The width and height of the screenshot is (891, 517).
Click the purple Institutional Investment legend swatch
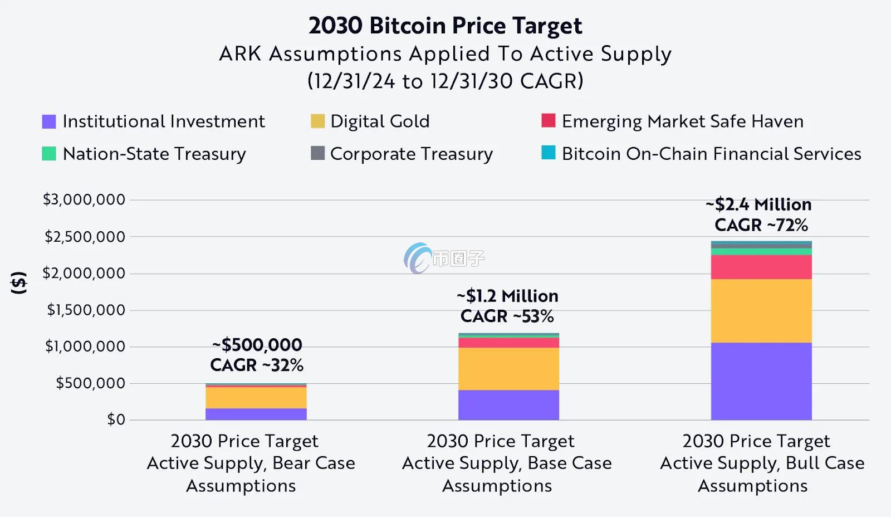point(49,121)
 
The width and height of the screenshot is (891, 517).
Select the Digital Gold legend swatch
point(317,121)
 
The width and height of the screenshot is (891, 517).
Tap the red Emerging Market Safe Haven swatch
point(549,120)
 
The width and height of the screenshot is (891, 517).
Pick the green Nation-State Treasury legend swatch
point(49,153)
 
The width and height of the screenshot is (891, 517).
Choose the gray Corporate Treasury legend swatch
point(317,153)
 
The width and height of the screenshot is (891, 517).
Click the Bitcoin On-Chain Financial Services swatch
point(549,153)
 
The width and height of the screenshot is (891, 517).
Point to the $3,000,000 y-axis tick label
point(84,199)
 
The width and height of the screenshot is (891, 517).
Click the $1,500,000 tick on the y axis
point(86,310)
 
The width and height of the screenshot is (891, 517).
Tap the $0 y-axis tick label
point(116,420)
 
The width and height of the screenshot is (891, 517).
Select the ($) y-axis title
point(19,283)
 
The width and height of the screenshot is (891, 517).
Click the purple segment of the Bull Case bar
point(761,381)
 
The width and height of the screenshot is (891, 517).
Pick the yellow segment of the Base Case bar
point(508,369)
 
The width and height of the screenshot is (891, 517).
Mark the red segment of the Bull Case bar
point(761,267)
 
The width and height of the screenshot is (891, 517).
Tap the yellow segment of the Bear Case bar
point(256,398)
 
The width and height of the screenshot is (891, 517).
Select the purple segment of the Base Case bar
point(508,405)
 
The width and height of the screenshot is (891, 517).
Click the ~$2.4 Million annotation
point(758,204)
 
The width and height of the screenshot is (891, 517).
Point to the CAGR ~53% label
point(507,316)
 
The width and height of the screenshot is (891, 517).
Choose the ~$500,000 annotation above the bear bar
point(257,345)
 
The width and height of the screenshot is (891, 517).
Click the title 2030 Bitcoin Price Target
point(445,26)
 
